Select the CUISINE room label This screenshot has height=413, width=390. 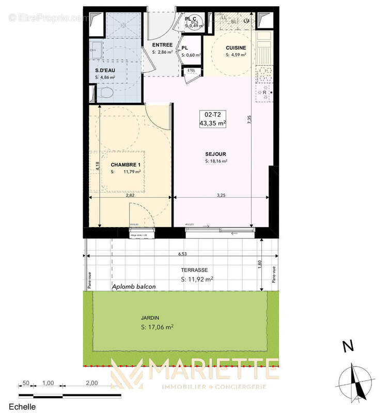point(236,48)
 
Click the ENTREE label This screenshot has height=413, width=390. point(162,45)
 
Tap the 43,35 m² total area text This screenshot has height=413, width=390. point(216,123)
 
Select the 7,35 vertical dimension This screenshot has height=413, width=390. point(249,119)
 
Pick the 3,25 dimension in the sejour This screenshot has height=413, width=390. point(220,196)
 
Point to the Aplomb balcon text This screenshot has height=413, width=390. point(134,287)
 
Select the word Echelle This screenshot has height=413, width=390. point(18,407)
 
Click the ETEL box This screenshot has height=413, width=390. point(190,70)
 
